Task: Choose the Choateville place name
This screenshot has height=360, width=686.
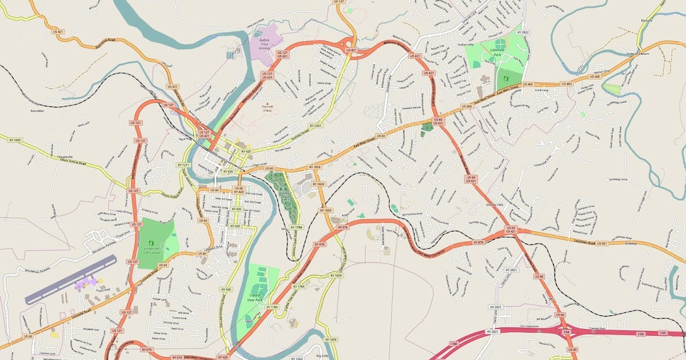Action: (62, 156)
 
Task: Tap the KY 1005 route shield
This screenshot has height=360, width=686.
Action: (15, 139)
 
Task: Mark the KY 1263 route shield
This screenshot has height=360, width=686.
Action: (297, 358)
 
